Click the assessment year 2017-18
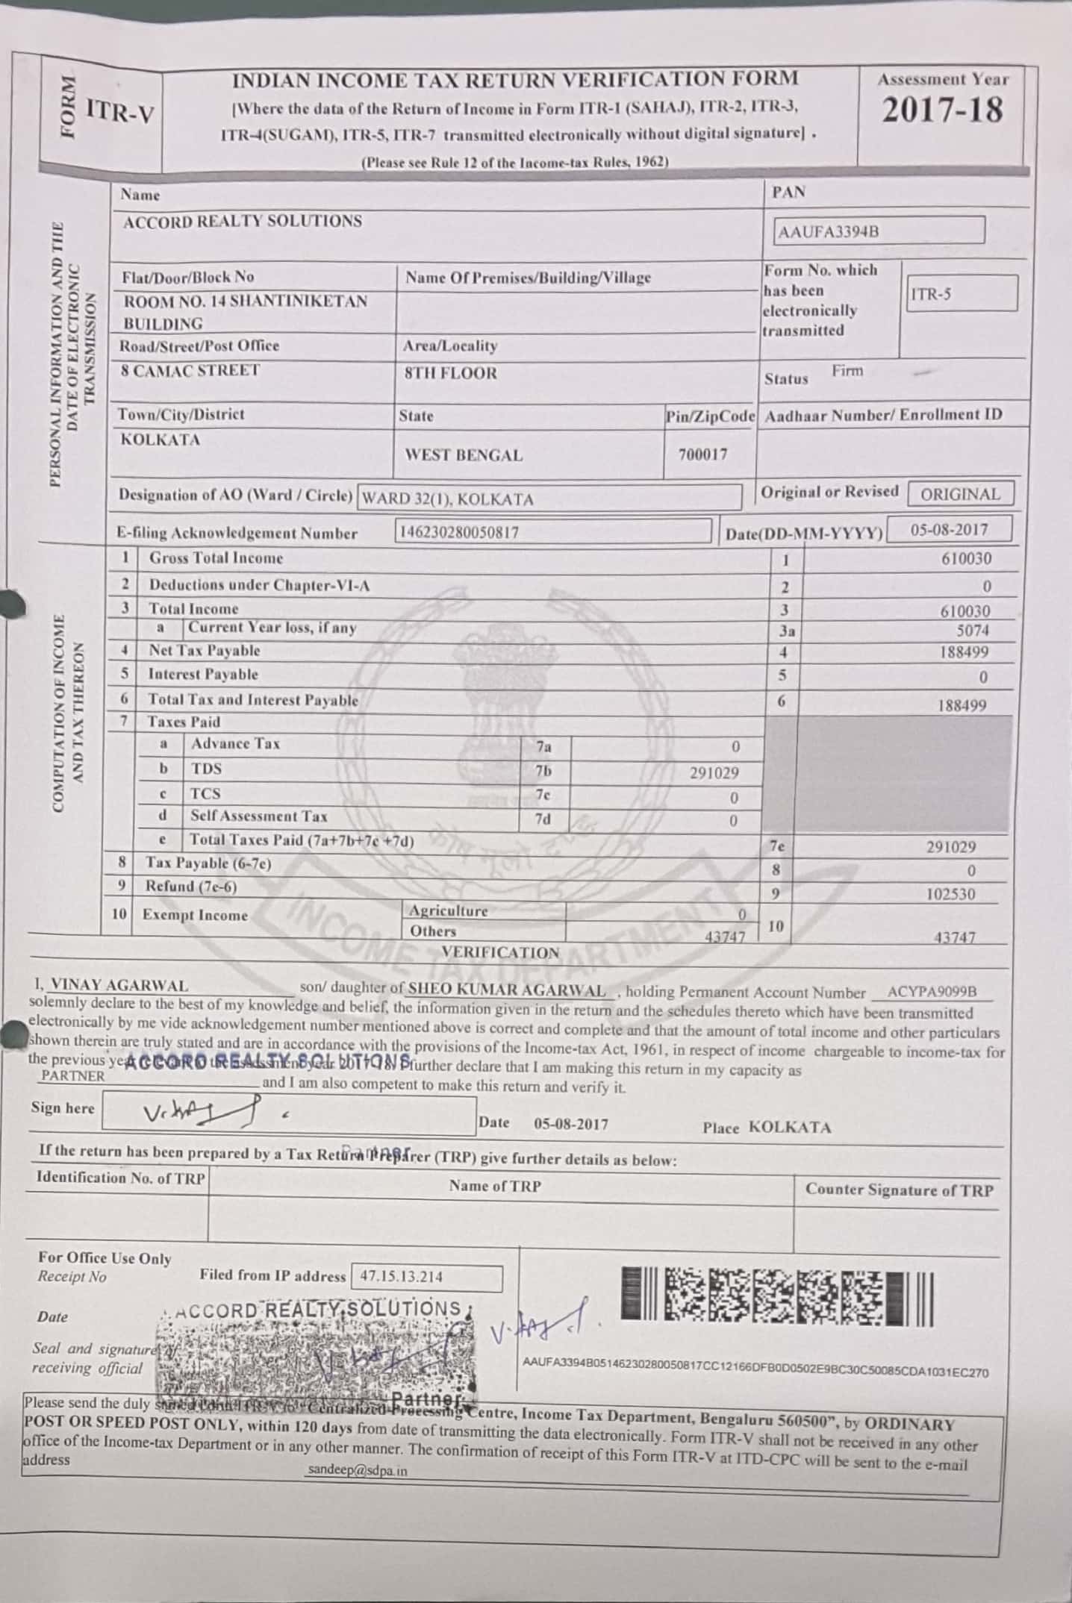pos(942,110)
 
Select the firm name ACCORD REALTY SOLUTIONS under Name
pos(243,222)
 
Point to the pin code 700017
pos(702,454)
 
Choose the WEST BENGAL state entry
pos(464,455)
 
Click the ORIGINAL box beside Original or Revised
pos(960,494)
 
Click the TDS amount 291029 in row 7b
pos(714,773)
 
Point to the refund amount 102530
pos(950,894)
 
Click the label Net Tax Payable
pos(205,651)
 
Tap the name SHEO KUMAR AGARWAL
pos(508,990)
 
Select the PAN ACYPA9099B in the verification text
pos(932,992)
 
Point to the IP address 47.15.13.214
pos(401,1276)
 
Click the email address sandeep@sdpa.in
pos(357,1471)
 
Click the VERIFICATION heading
pos(500,952)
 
